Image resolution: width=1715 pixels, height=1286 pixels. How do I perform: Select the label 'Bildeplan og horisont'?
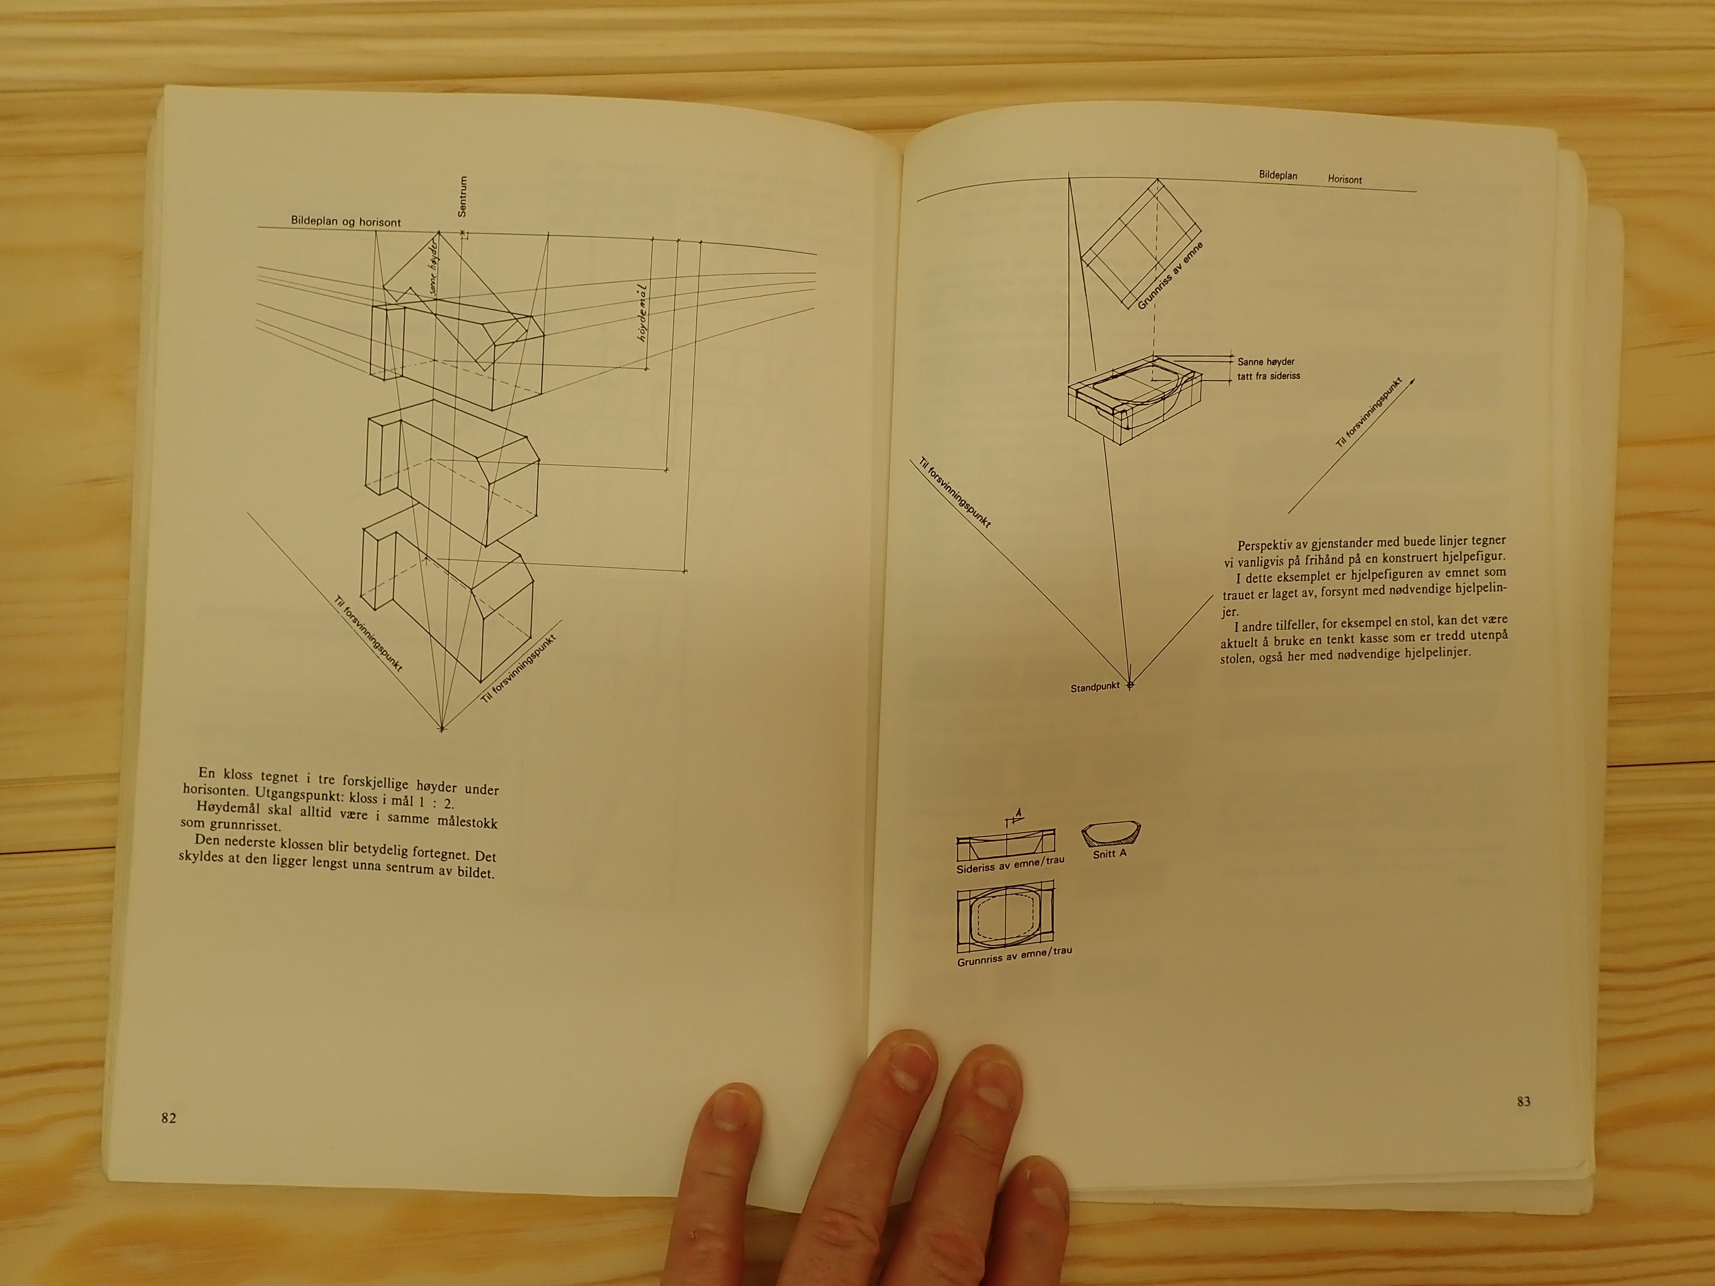pyautogui.click(x=346, y=222)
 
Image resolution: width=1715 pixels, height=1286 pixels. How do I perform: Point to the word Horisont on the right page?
pyautogui.click(x=1345, y=179)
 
